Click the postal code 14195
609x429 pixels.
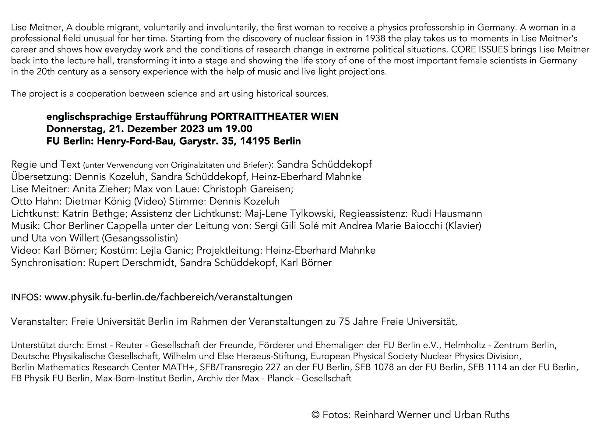pos(255,141)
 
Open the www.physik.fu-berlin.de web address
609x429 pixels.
pos(168,297)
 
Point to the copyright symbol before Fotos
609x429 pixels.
pos(315,415)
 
